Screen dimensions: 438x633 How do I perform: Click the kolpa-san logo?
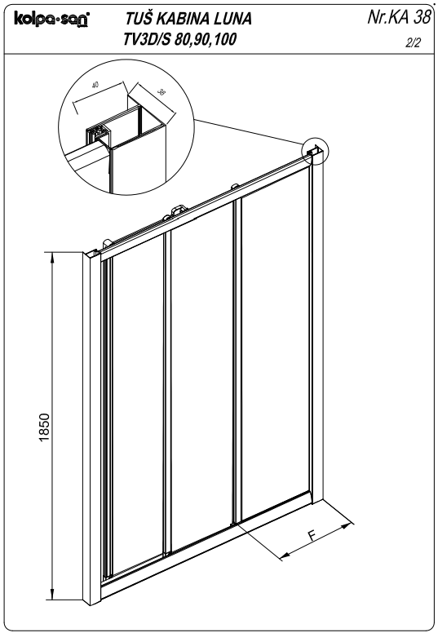coord(51,19)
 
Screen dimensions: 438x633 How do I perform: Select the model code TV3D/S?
coord(148,39)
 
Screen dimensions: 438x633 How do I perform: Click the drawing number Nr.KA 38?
coord(399,17)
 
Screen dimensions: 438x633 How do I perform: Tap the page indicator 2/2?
coord(413,42)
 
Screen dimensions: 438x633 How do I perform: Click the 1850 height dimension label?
coord(43,427)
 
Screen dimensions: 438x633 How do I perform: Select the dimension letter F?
coord(312,536)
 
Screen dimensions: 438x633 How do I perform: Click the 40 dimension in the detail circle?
coord(95,85)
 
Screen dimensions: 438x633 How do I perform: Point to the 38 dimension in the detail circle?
coord(161,92)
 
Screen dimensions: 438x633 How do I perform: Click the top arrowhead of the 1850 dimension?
coord(52,257)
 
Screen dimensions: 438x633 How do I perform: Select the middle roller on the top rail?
coord(179,210)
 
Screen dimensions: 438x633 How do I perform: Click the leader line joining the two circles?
coord(249,131)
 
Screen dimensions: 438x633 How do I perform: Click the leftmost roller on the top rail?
coord(108,242)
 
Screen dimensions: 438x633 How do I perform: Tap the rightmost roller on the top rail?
coord(235,186)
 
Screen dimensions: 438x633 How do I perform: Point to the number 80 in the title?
coord(182,39)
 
